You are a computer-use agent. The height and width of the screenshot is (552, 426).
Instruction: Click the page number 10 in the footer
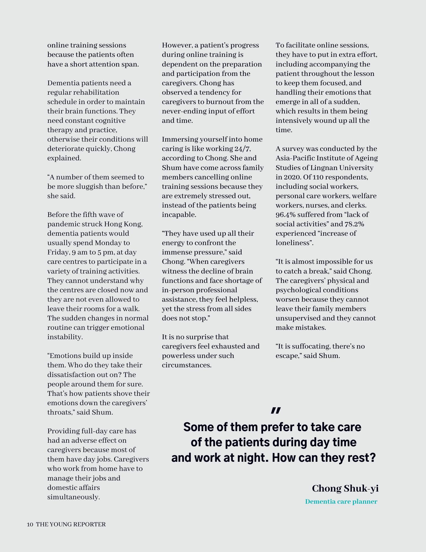(30, 524)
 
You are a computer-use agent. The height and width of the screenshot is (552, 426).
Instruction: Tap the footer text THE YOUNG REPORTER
(71, 524)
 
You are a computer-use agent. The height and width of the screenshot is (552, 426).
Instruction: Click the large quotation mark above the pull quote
(275, 410)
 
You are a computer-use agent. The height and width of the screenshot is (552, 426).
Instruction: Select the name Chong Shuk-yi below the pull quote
(345, 488)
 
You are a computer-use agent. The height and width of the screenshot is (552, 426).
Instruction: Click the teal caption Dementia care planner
(341, 501)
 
